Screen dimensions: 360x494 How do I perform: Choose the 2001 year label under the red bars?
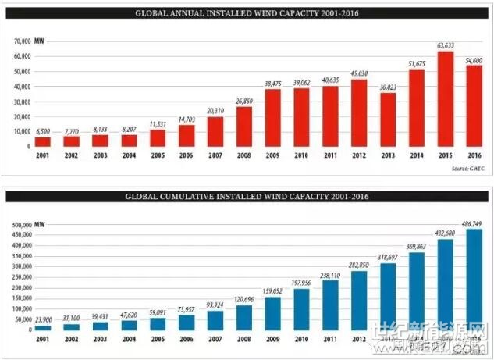[x=44, y=156]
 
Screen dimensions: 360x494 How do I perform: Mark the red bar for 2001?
[x=44, y=141]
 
